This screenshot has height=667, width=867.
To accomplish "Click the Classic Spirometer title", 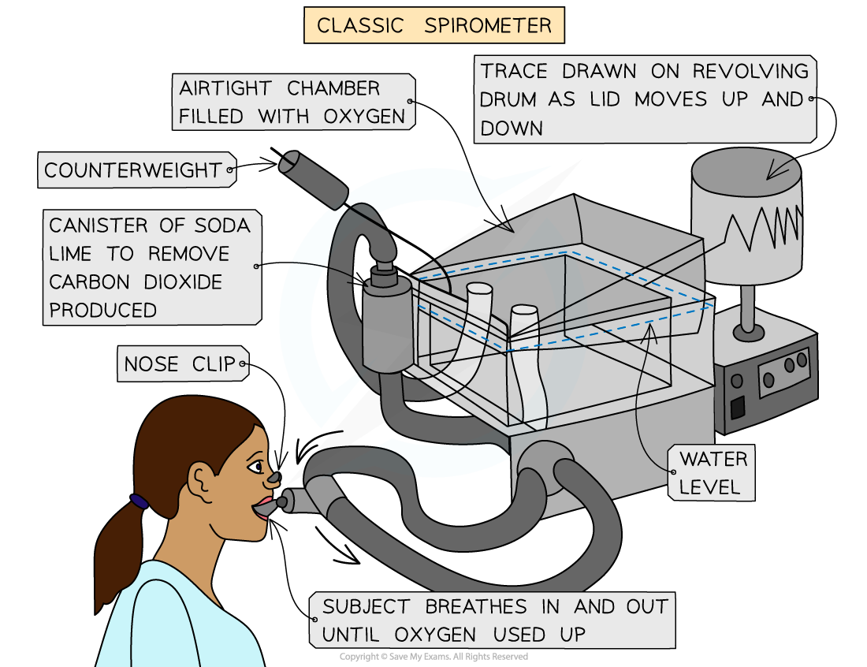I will point(433,25).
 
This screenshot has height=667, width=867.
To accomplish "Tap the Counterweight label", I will point(133,170).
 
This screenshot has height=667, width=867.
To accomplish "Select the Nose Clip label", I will point(180,363).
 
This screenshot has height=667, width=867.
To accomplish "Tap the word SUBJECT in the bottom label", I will point(366,607).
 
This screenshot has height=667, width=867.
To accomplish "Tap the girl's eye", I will point(255,468).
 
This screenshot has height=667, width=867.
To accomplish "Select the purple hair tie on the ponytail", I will point(140,501).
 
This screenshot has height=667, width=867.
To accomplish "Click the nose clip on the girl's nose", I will point(273,477).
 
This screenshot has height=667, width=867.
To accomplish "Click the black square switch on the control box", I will point(737,407).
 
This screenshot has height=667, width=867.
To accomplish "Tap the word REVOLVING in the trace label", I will point(750,71).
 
